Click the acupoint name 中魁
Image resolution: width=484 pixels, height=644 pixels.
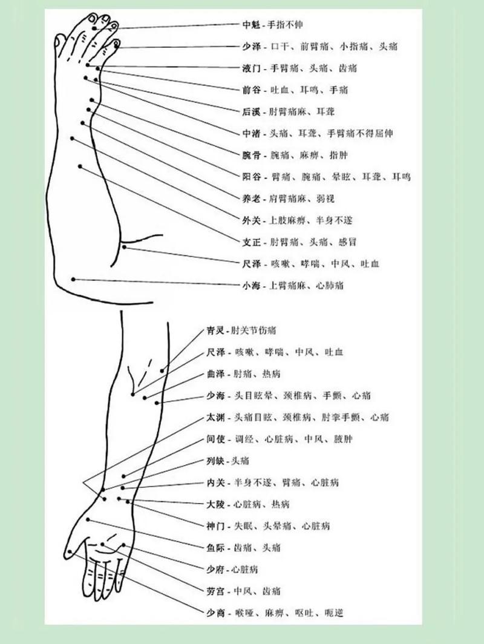tap(251, 25)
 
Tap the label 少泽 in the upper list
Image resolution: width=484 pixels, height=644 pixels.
tap(251, 47)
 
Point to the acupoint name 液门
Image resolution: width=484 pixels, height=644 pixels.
tap(251, 68)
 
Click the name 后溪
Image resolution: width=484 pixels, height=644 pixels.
tap(251, 112)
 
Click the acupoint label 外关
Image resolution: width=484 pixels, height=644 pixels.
tap(251, 221)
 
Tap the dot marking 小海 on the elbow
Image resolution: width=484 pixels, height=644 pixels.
tap(73, 279)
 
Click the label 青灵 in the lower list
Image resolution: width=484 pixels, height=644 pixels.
tap(215, 330)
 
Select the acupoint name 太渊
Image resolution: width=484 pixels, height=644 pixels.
tap(215, 417)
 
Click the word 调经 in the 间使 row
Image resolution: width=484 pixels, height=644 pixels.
tap(244, 439)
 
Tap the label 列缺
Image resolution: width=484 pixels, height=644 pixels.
tap(215, 461)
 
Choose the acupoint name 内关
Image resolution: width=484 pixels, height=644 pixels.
tap(215, 482)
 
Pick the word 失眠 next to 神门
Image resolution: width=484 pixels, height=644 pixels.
tap(244, 526)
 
